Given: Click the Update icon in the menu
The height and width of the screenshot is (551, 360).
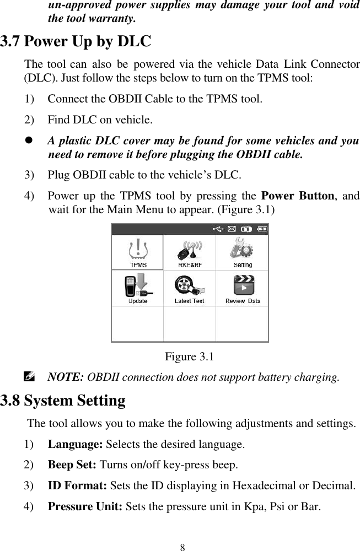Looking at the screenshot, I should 138,287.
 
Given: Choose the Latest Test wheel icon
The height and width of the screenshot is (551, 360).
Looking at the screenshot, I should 189,287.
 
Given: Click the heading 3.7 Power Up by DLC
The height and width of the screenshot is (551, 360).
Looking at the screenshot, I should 76,41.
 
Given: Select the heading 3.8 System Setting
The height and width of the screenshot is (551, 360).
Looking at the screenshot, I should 63,399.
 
